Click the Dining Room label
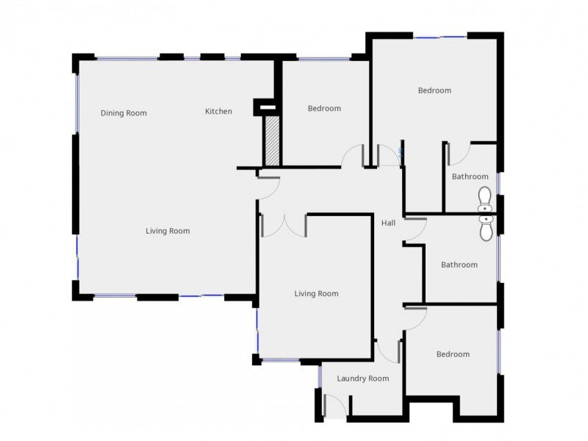[123, 113]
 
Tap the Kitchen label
[218, 112]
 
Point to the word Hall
[388, 222]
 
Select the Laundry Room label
[362, 379]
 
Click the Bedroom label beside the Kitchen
[324, 109]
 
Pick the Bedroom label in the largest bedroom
[434, 90]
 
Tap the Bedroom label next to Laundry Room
[453, 354]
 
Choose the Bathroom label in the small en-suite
[470, 176]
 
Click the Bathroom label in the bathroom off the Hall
[459, 265]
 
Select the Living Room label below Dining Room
[168, 231]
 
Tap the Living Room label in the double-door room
[316, 294]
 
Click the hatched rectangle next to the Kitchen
[272, 140]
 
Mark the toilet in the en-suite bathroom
[485, 198]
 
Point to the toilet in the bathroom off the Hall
[485, 229]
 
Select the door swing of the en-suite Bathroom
[458, 154]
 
